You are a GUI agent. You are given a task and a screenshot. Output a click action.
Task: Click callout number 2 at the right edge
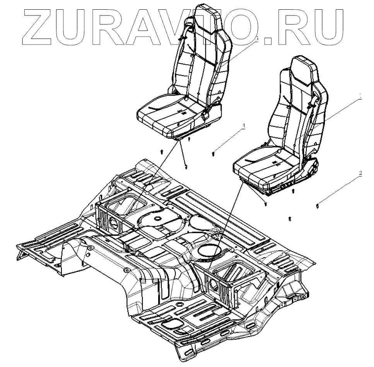pyautogui.click(x=360, y=173)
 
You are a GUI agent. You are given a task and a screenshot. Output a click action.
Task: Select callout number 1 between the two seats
pyautogui.click(x=244, y=126)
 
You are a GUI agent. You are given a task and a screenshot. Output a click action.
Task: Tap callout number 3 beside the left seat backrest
pyautogui.click(x=256, y=39)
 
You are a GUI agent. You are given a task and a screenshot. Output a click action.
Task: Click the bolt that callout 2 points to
pyautogui.click(x=317, y=205)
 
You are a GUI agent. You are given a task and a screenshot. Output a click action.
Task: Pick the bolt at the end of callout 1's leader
pyautogui.click(x=213, y=155)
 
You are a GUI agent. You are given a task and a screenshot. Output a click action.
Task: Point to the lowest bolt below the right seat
pyautogui.click(x=290, y=219)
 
